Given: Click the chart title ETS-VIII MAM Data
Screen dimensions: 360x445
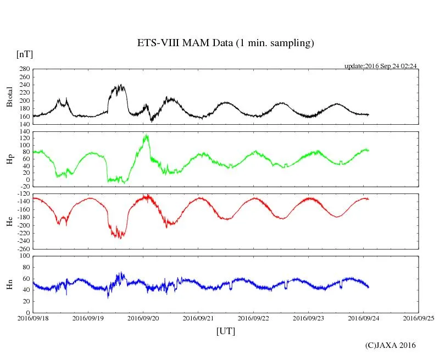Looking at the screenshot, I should [225, 43].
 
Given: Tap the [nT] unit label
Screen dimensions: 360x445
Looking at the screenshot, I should [25, 54].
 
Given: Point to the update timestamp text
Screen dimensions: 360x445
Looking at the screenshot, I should [381, 66].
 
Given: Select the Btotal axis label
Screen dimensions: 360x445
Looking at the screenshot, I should [9, 96].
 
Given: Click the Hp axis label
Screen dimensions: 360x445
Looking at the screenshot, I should [9, 159].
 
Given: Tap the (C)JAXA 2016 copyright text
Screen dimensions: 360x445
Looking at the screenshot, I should [391, 345].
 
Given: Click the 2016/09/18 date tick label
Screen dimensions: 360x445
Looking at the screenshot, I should [33, 318].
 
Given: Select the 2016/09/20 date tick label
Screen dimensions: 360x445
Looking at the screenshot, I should [143, 318].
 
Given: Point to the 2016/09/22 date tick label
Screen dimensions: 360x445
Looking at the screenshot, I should [254, 318].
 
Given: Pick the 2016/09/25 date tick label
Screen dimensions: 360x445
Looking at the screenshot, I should [419, 318].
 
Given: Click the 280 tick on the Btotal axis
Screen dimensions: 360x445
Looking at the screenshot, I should [24, 69].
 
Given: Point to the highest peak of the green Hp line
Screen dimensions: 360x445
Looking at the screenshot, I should [146, 135].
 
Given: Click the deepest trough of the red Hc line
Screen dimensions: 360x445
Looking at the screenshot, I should [120, 238].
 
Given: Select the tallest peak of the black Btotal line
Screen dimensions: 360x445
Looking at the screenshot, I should [120, 85].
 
